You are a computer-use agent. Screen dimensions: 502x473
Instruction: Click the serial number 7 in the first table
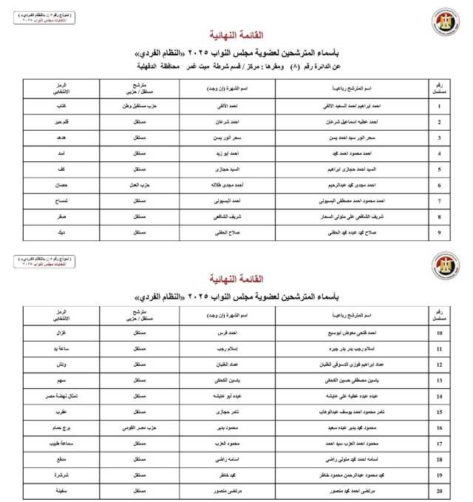click(x=440, y=201)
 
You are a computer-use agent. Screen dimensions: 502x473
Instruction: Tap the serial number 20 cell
click(x=440, y=490)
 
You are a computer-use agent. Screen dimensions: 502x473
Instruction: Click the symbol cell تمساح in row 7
click(x=64, y=201)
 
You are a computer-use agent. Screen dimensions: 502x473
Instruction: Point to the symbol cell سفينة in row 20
click(x=64, y=490)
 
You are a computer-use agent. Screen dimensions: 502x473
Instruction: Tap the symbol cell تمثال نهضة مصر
click(x=64, y=396)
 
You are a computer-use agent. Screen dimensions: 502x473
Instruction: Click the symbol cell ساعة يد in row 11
click(x=64, y=349)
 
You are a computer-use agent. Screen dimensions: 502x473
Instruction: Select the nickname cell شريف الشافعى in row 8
click(x=233, y=217)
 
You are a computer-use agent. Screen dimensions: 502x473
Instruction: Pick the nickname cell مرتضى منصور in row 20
click(x=233, y=490)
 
